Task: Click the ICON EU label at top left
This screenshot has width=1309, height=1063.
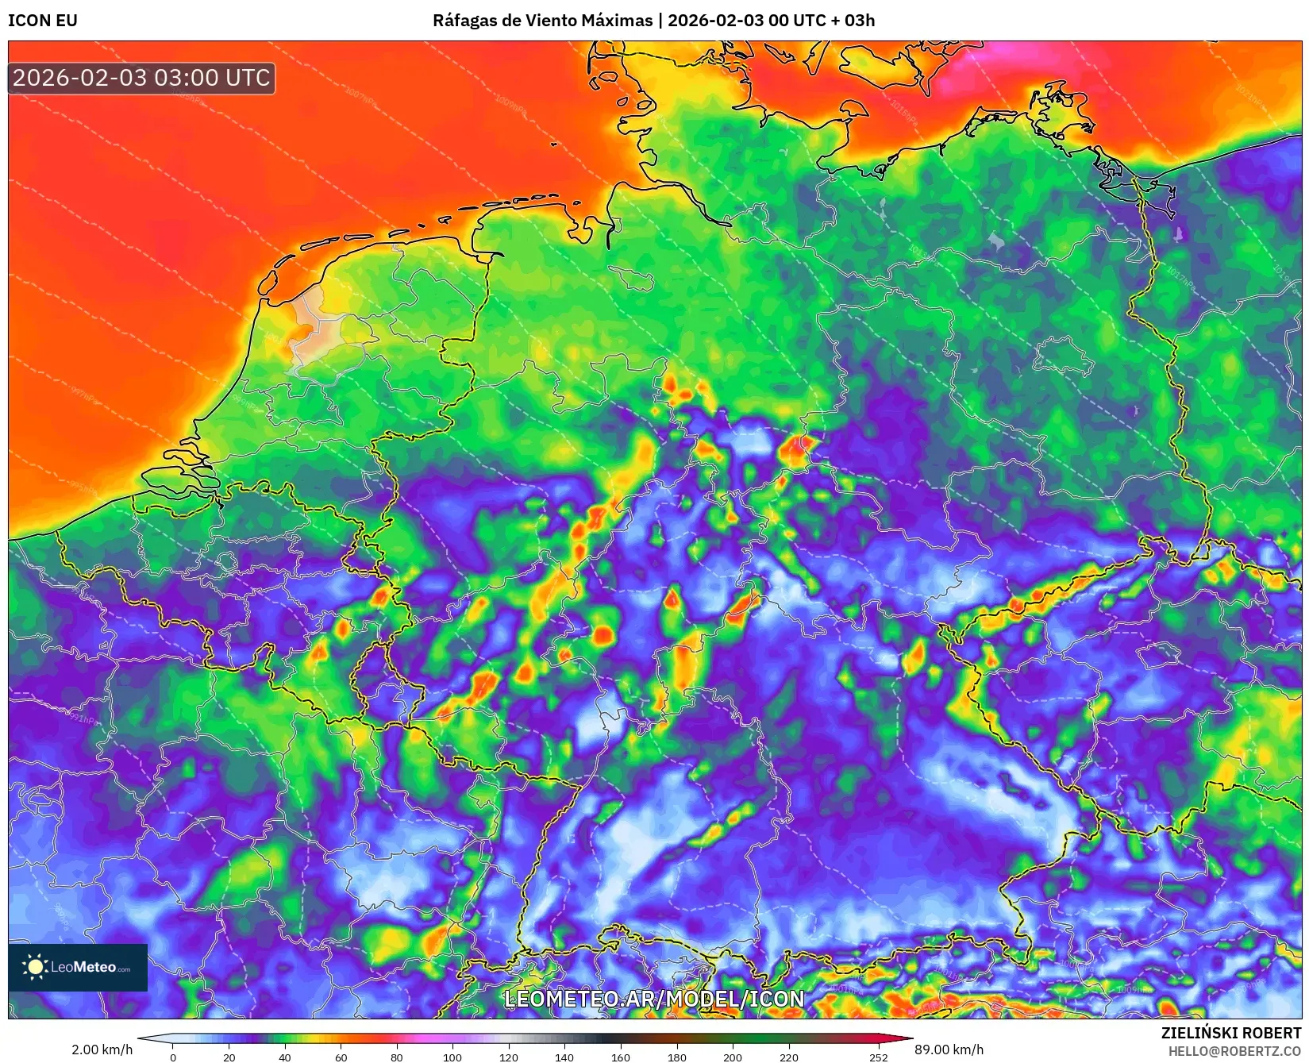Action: [43, 21]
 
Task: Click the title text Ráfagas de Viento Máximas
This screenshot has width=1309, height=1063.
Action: [542, 21]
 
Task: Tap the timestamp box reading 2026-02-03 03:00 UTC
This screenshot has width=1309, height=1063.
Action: [142, 78]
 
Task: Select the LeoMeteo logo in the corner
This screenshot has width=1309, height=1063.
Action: [78, 967]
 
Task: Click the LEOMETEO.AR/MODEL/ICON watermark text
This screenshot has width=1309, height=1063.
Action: [654, 999]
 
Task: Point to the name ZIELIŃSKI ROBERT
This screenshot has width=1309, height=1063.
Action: [1231, 1033]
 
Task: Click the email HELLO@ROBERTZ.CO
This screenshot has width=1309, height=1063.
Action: [1234, 1051]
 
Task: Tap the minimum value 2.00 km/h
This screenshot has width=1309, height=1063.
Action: [102, 1050]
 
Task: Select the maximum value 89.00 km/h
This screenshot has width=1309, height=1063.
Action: [949, 1050]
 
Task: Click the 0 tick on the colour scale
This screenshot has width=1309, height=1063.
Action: [173, 1057]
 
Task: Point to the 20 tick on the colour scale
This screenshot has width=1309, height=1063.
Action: [229, 1057]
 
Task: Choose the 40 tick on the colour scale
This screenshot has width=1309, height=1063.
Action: [285, 1057]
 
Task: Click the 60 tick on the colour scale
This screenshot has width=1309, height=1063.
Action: [341, 1057]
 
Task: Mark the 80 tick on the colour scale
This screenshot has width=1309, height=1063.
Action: [397, 1057]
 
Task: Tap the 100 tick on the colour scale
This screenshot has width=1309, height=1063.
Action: [452, 1057]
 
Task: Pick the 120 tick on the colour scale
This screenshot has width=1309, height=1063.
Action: [509, 1057]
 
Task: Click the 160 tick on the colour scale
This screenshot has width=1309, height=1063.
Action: [621, 1057]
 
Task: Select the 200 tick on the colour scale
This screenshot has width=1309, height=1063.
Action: [733, 1057]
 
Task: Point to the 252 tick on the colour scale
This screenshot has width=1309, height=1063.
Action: [878, 1057]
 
